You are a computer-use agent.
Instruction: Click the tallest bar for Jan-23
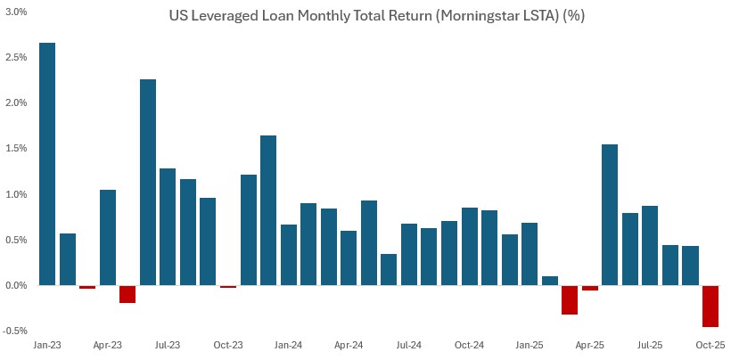click(x=47, y=164)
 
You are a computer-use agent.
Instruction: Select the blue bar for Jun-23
click(x=148, y=183)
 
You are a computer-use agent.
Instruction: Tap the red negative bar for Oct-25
click(x=710, y=307)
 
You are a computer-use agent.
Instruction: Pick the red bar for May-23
click(x=127, y=294)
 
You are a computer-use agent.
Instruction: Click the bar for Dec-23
click(x=268, y=210)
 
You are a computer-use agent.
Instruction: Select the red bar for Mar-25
click(x=570, y=300)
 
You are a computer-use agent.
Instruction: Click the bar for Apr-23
click(x=108, y=237)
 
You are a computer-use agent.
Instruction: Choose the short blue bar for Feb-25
click(x=549, y=281)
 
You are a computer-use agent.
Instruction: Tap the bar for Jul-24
click(x=409, y=255)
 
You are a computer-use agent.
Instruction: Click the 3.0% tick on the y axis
click(x=17, y=12)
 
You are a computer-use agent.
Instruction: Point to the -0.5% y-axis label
click(x=16, y=331)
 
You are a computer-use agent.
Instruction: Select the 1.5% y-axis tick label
click(x=17, y=149)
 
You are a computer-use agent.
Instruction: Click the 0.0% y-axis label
click(x=17, y=285)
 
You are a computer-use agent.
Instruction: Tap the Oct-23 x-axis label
click(x=228, y=344)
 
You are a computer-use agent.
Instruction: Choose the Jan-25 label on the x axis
click(x=530, y=344)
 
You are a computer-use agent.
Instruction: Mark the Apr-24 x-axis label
click(x=349, y=344)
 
